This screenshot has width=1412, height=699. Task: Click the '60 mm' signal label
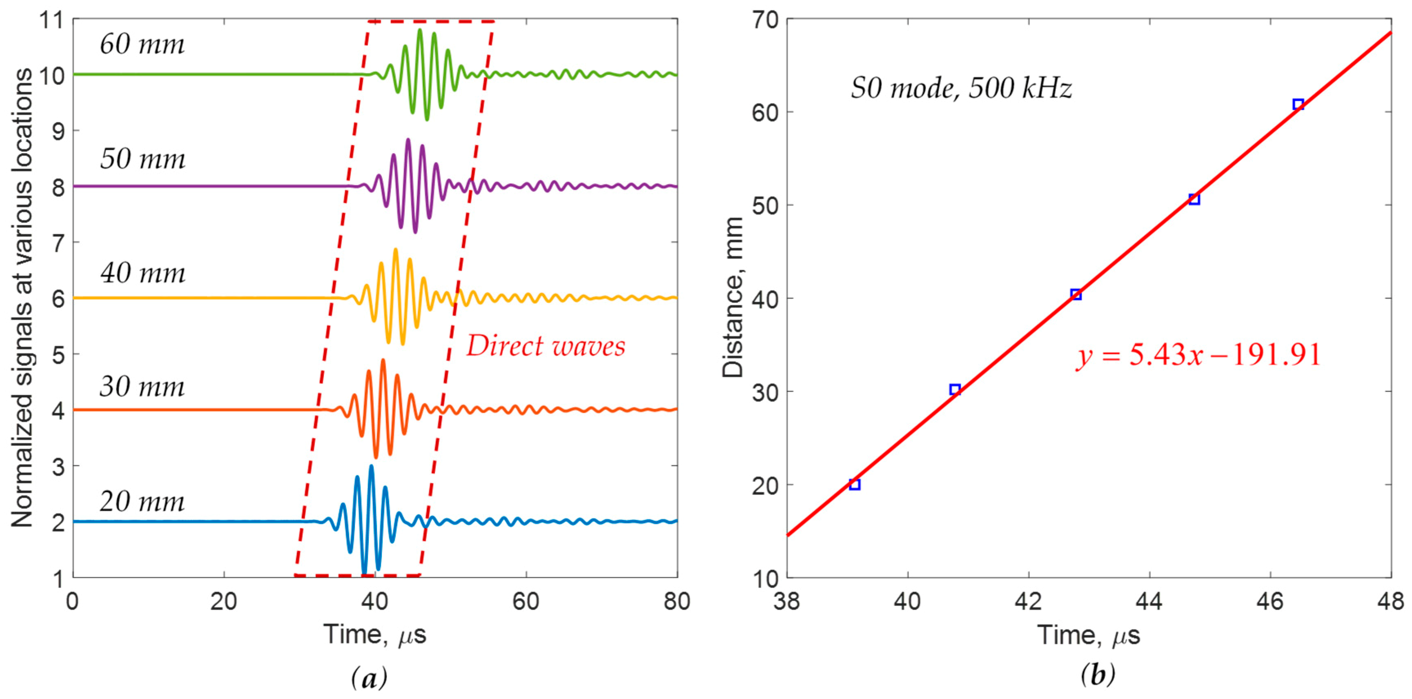(x=142, y=44)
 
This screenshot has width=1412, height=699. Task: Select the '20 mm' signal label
(x=142, y=501)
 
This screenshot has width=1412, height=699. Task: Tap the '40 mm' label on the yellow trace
(x=143, y=272)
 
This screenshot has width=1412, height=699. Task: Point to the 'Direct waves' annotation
(x=546, y=346)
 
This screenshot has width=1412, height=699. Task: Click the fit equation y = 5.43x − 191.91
(x=1198, y=355)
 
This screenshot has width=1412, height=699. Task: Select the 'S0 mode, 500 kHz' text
(x=961, y=88)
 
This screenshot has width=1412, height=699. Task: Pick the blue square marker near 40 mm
(x=1076, y=294)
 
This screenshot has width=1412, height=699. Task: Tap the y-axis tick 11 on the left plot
(x=52, y=20)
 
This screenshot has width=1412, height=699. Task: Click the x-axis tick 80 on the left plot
(x=677, y=602)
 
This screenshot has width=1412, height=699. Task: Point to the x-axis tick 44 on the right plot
(x=1149, y=602)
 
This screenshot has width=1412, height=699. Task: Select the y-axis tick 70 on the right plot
(x=765, y=20)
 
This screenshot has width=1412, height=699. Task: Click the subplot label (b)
(x=1097, y=675)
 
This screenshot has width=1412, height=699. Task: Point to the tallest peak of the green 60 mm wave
(x=420, y=31)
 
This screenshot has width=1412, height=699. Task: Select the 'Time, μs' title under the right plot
(x=1088, y=635)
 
